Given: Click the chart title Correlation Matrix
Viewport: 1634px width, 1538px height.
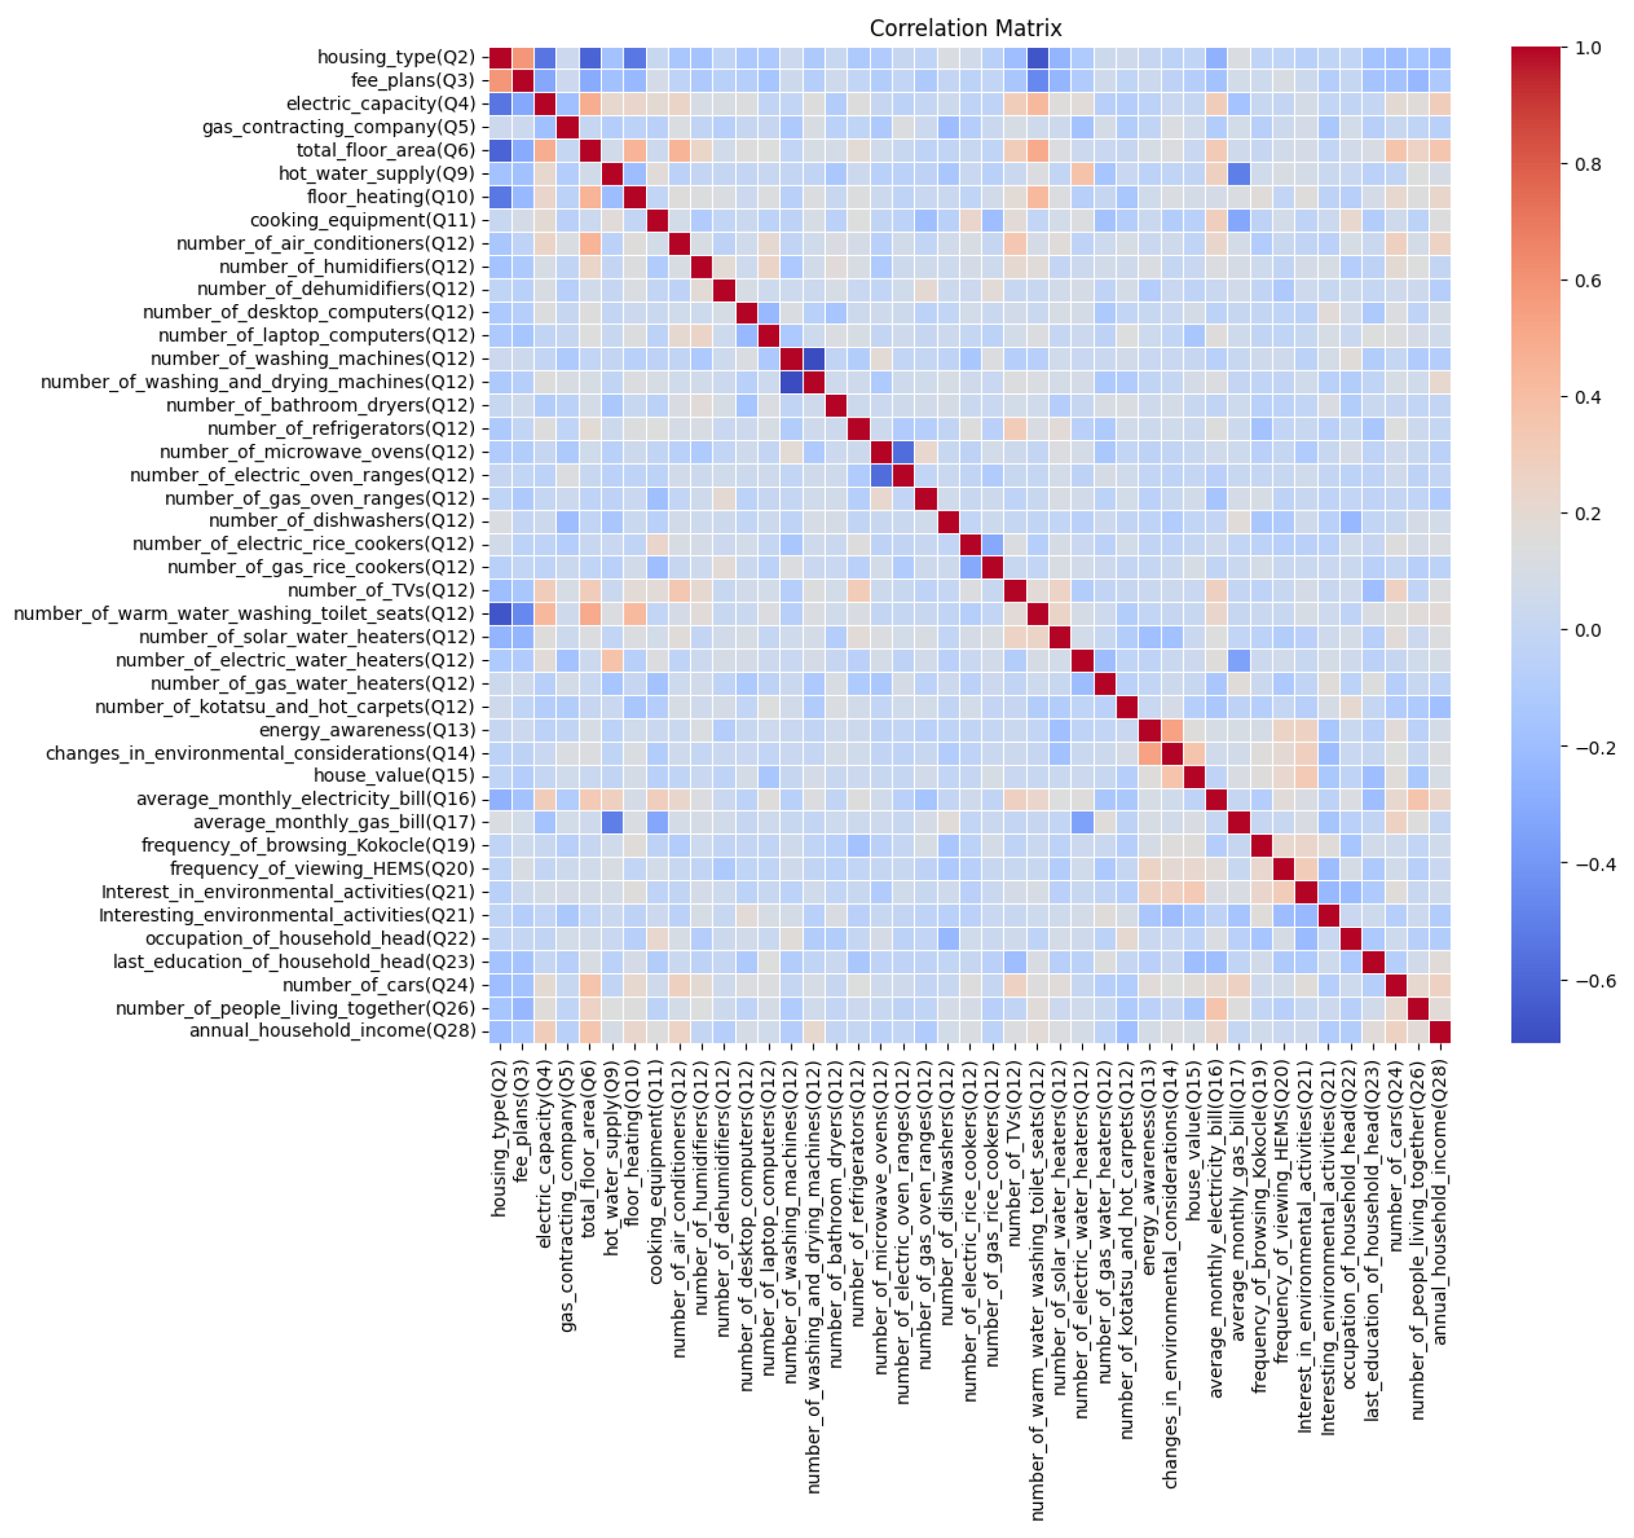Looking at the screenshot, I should coord(965,29).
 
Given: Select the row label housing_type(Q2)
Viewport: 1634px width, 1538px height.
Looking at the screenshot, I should coord(396,56).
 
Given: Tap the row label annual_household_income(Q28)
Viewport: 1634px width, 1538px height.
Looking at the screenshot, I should coord(332,1031).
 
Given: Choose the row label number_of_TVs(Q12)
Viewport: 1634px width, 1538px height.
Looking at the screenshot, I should coord(381,590).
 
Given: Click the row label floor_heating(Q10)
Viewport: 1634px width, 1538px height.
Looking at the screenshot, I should coord(391,196).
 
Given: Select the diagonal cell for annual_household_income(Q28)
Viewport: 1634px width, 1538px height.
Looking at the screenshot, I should coord(1439,1031).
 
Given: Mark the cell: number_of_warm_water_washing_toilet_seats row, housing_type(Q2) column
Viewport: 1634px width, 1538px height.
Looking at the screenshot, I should coord(500,613).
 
